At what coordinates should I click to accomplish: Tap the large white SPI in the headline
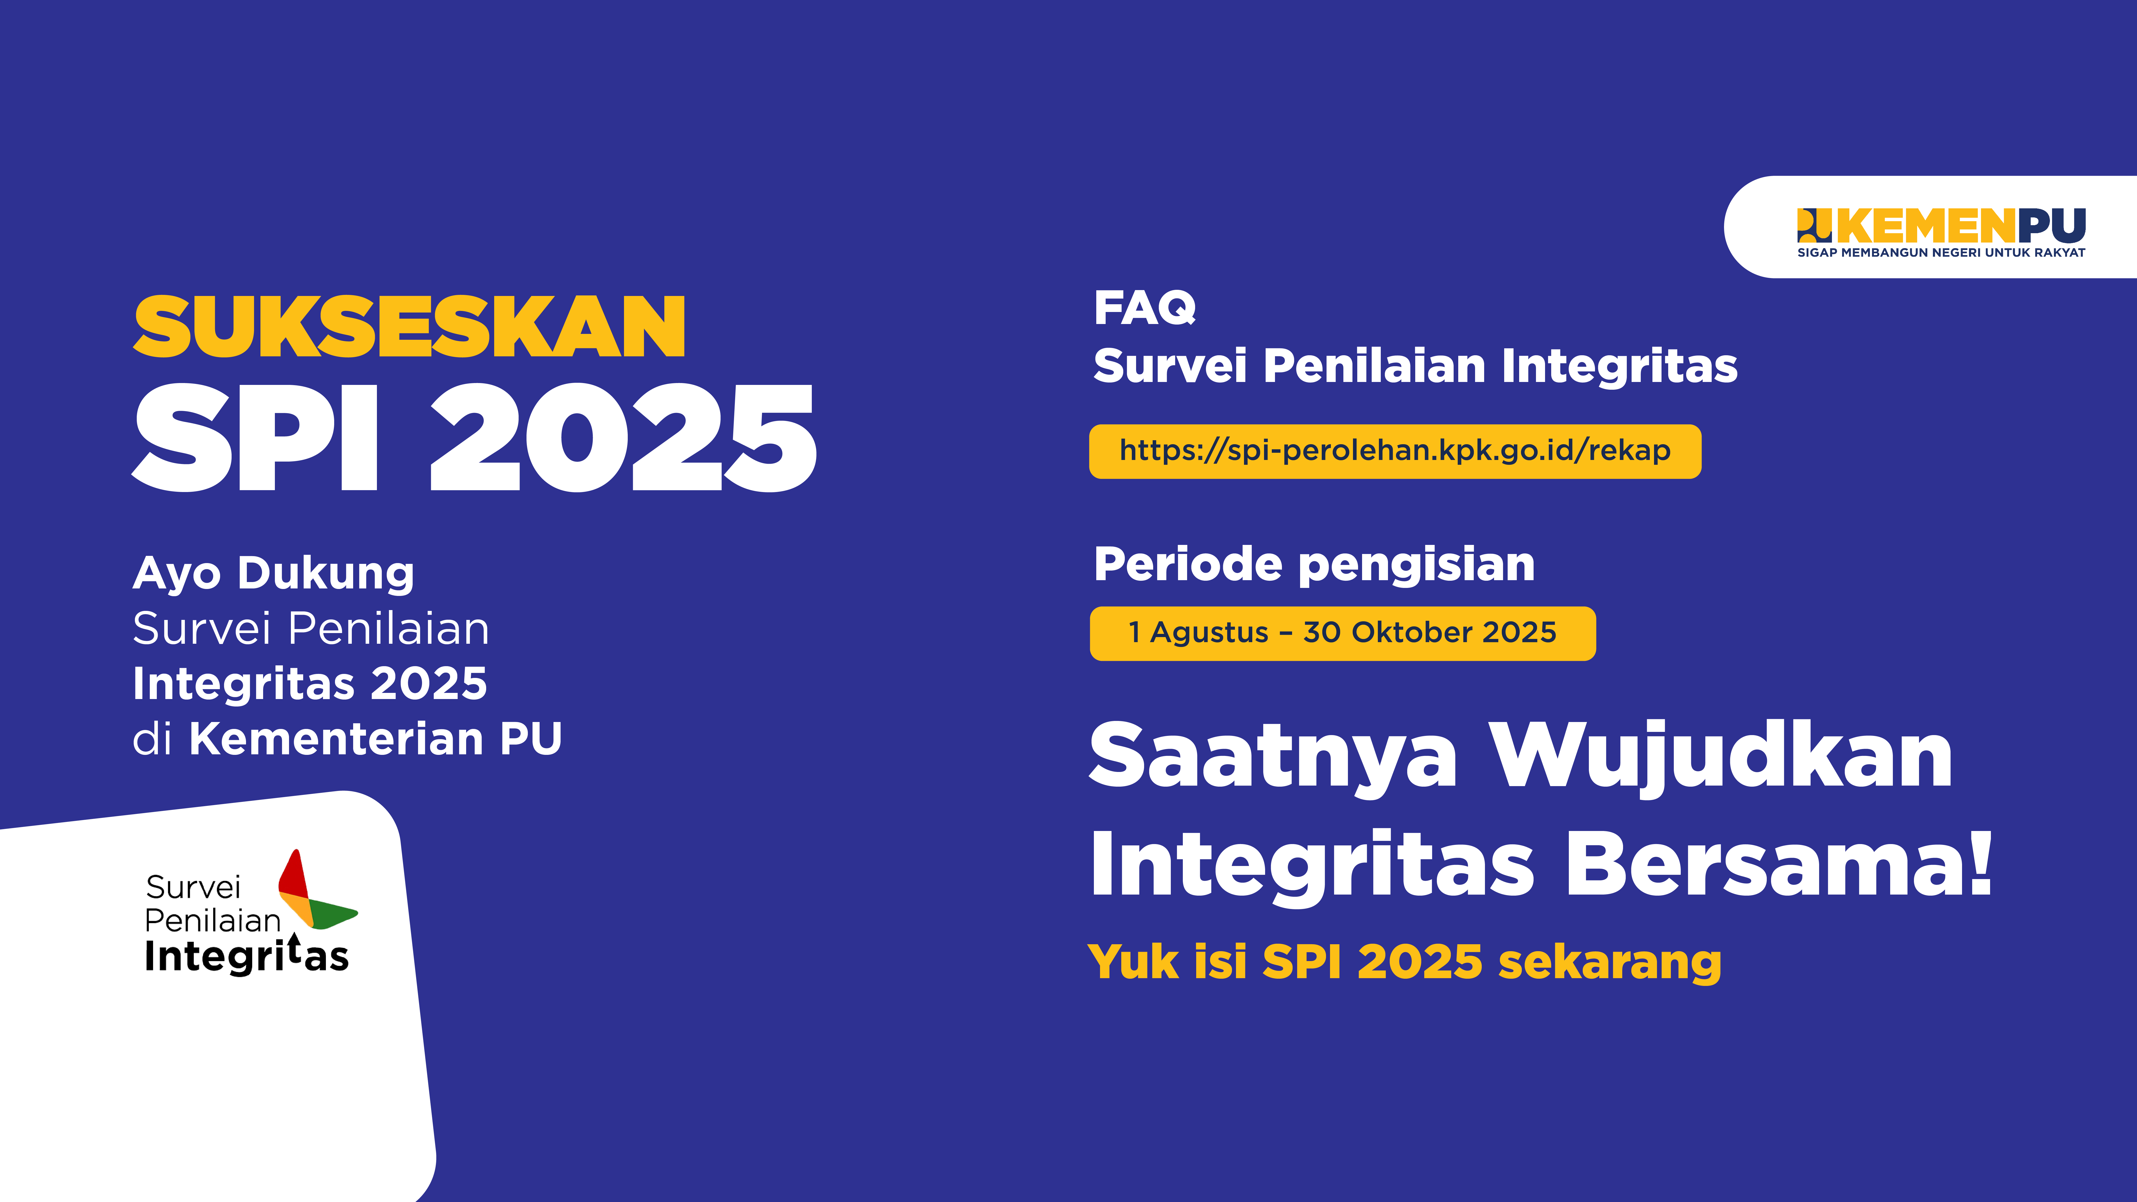256,437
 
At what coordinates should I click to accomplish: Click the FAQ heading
1145,308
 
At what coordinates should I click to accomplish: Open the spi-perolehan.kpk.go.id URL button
1394,451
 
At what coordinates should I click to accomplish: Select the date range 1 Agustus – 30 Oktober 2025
1342,633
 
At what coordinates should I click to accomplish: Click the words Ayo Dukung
274,574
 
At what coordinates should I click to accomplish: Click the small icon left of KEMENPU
1814,226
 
